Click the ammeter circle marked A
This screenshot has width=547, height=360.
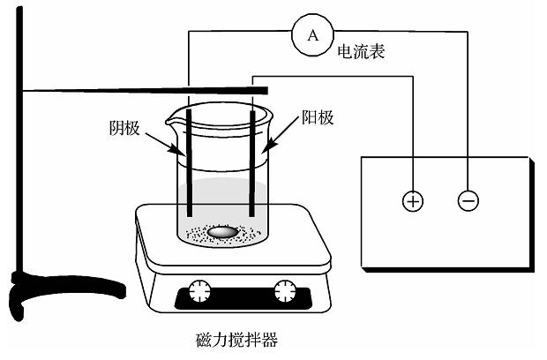[311, 34]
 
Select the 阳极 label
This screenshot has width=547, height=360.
[318, 116]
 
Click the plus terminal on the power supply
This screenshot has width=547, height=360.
[412, 201]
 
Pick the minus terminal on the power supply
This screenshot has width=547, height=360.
[468, 201]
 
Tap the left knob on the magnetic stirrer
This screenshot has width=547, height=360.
[199, 290]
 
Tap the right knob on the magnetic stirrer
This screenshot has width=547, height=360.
[284, 290]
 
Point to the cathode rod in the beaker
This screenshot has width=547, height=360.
[190, 176]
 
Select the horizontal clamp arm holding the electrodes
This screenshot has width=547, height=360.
[132, 90]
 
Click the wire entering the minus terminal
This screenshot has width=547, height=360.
[468, 132]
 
